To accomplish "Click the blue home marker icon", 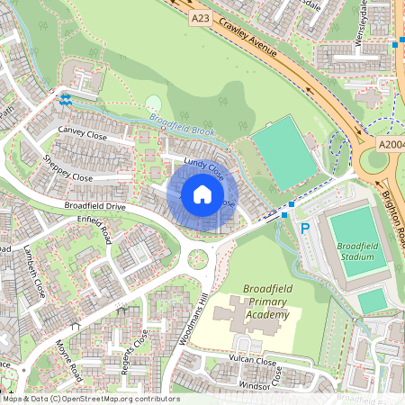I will coord(202,194).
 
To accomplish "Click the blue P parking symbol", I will coord(304,229).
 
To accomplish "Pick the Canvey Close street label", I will coord(82,135).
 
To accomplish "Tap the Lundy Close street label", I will coord(203,166).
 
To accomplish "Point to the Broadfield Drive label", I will coord(94,206).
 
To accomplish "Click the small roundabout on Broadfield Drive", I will coord(197,260).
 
